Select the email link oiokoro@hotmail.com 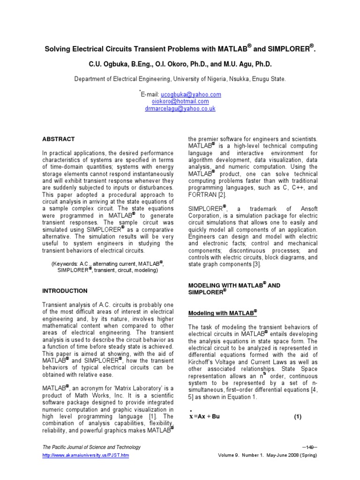[x=180, y=101]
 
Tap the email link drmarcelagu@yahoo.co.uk [x=180, y=108]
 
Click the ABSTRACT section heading [x=59, y=139]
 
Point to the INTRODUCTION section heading [x=65, y=291]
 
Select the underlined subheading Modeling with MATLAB [x=222, y=313]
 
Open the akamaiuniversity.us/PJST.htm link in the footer [x=85, y=455]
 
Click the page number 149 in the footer [x=310, y=447]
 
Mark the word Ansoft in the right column [x=303, y=208]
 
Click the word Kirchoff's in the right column [x=204, y=362]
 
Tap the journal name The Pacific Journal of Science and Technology [x=91, y=447]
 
